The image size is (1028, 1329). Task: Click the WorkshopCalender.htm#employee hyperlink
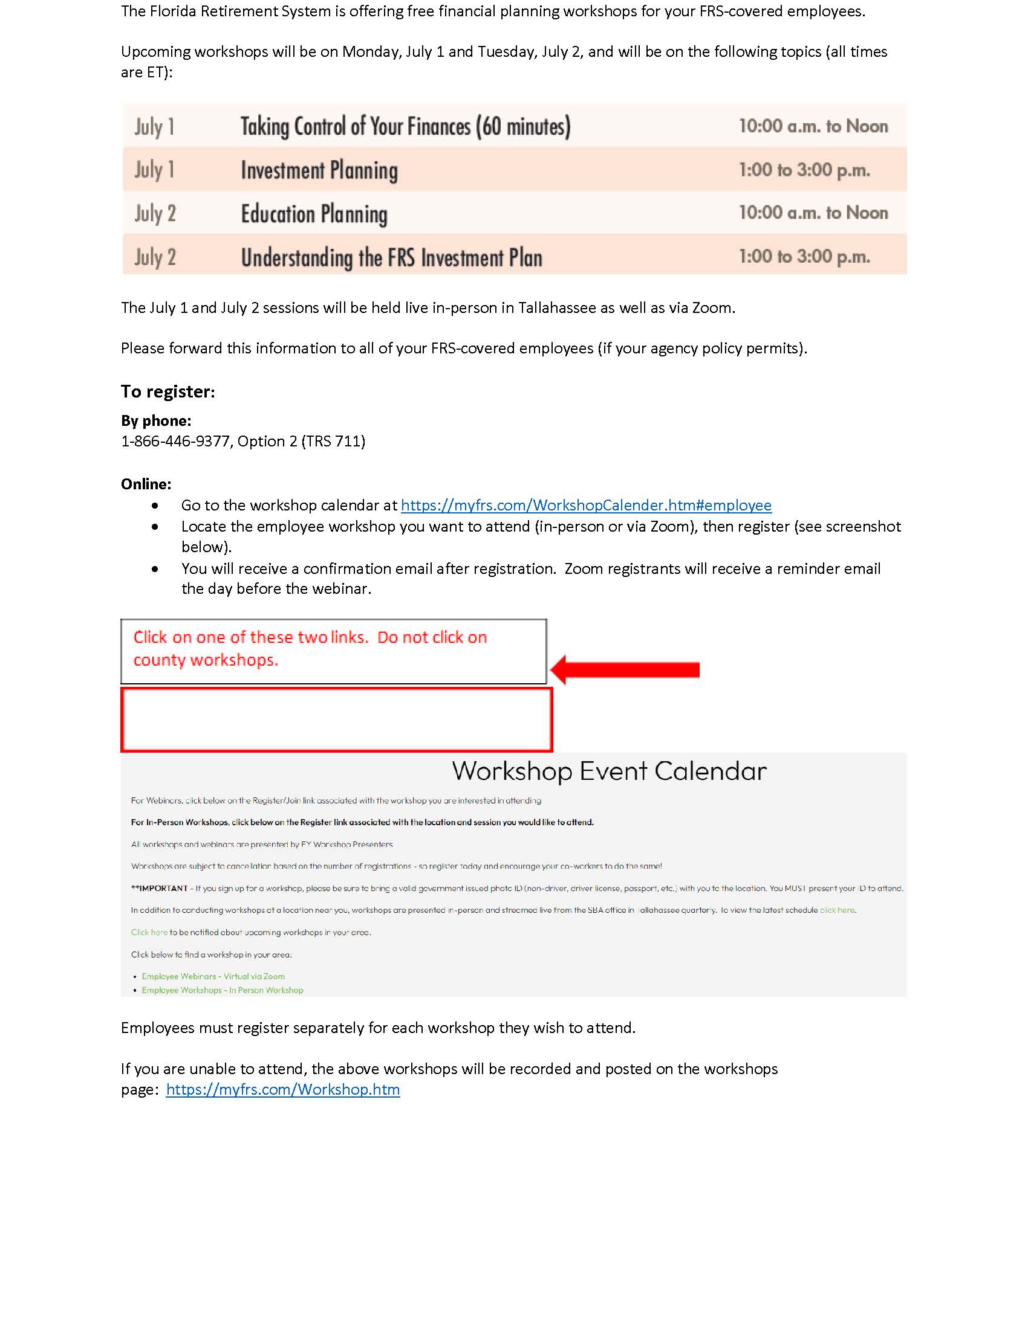pos(586,505)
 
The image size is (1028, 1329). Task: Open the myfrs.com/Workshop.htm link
pos(282,1089)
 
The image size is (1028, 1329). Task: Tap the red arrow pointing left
pos(626,669)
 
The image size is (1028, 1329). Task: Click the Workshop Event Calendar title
pos(609,771)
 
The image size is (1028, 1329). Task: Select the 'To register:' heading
pos(168,391)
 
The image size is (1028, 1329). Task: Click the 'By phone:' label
pos(156,420)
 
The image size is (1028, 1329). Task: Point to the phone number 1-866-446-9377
pos(175,441)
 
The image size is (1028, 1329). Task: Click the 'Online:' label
pos(146,484)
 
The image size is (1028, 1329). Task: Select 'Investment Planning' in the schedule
pos(319,170)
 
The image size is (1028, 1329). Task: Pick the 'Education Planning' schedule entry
pos(314,214)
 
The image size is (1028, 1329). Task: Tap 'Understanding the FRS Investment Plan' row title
pos(392,257)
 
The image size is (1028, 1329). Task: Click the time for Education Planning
pos(813,213)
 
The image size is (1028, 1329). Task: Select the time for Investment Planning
pos(804,170)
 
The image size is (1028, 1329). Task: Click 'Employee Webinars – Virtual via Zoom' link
pos(213,977)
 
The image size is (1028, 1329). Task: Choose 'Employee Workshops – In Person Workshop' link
pos(223,990)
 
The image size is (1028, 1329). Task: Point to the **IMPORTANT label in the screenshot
pos(160,889)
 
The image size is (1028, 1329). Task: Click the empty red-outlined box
pos(336,719)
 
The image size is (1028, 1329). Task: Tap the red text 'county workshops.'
pos(206,660)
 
